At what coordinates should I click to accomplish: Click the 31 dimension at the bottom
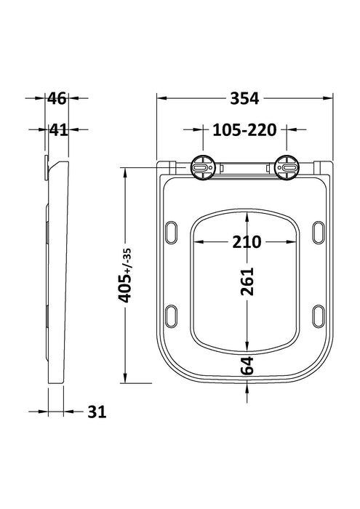pos(96,412)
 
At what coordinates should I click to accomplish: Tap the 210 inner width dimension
pos(247,241)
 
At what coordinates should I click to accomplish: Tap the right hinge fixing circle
pos(289,167)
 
